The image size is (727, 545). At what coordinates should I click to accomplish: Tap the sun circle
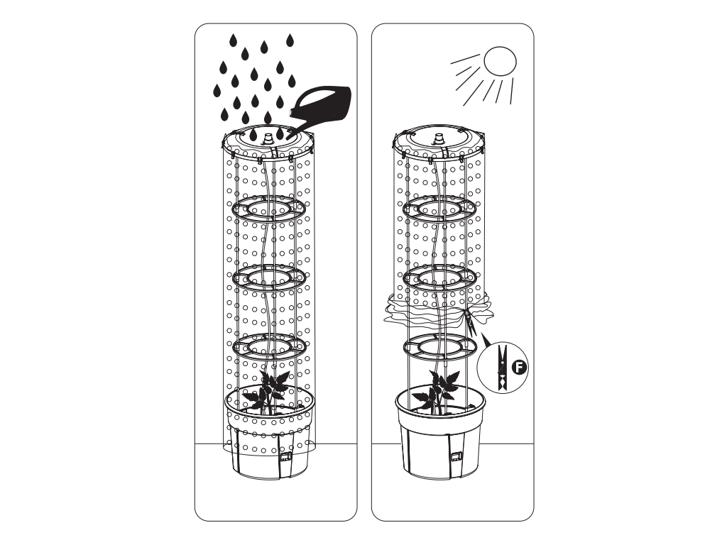[x=500, y=61]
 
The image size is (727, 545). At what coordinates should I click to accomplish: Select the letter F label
[x=520, y=368]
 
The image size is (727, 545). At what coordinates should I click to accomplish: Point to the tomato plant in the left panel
[x=267, y=392]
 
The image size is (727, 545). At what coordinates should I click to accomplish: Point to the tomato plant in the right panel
[x=437, y=392]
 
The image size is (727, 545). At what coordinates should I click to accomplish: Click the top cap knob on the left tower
[x=267, y=138]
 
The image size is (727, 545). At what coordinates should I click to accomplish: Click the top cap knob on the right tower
[x=438, y=138]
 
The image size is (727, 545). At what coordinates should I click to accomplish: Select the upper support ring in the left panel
[x=268, y=219]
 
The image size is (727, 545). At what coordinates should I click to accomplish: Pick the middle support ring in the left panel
[x=268, y=288]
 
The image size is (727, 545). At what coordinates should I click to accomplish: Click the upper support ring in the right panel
[x=439, y=219]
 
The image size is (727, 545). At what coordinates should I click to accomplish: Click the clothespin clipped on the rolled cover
[x=471, y=324]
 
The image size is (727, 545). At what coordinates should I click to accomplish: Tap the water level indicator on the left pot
[x=284, y=457]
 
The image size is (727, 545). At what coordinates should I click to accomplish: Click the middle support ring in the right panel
[x=439, y=288]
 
